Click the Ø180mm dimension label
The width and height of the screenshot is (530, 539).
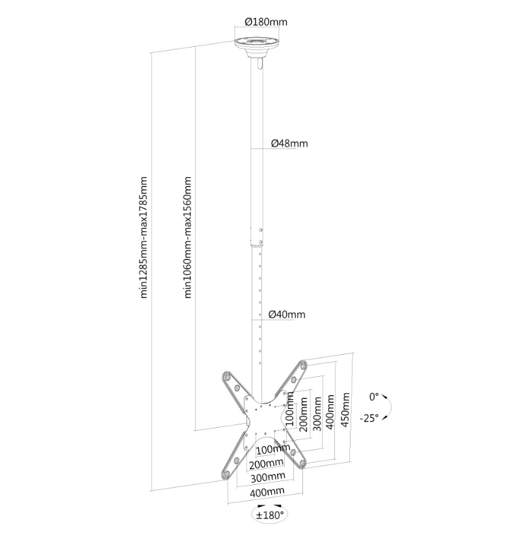pyautogui.click(x=266, y=22)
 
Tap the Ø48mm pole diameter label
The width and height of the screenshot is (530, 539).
pyautogui.click(x=289, y=143)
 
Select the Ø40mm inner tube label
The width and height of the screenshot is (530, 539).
pyautogui.click(x=287, y=314)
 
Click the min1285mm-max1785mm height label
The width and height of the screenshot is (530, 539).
pyautogui.click(x=144, y=237)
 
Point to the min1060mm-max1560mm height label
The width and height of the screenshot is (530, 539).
pyautogui.click(x=187, y=237)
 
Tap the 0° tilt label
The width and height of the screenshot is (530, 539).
pyautogui.click(x=374, y=396)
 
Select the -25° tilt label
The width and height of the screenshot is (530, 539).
pyautogui.click(x=369, y=418)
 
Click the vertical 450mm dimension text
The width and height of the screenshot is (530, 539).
pyautogui.click(x=345, y=409)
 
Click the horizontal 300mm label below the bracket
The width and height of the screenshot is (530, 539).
pyautogui.click(x=268, y=477)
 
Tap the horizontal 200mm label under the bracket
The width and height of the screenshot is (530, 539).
pyautogui.click(x=267, y=463)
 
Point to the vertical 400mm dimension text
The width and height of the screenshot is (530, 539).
pyautogui.click(x=330, y=411)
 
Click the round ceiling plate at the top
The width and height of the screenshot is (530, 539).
pyautogui.click(x=257, y=46)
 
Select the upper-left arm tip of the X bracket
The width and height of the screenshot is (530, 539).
pyautogui.click(x=227, y=377)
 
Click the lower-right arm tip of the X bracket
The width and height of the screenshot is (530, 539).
pyautogui.click(x=302, y=463)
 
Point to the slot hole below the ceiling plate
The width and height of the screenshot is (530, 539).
pyautogui.click(x=259, y=64)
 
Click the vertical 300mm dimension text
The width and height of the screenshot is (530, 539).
pyautogui.click(x=317, y=414)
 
